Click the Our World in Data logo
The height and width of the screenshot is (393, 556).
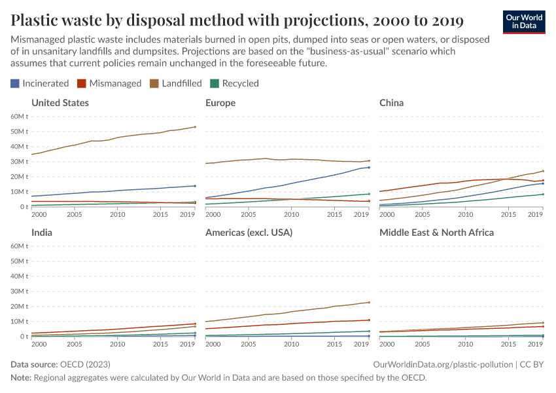coord(523,22)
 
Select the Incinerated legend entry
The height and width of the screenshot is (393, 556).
coord(40,83)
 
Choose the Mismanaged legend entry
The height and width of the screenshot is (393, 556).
coord(110,83)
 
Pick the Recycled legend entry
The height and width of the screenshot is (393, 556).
coord(235,83)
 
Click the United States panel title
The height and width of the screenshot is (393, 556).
coord(60,103)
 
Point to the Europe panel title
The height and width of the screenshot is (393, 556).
coord(220,103)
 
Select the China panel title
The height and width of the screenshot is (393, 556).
coord(391,103)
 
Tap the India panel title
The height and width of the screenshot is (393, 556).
coord(42,233)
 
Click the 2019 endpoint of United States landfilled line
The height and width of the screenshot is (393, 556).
coord(195,127)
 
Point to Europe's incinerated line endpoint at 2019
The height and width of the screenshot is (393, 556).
coord(369,167)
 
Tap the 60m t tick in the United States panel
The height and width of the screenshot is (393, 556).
coord(19,117)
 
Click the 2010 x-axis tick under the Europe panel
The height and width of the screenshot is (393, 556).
coord(291,215)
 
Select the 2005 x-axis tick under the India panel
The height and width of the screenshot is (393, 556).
coord(74,345)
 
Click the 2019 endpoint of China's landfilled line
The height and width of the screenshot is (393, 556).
coord(543,171)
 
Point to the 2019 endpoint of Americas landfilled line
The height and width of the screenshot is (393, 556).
coord(369,303)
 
